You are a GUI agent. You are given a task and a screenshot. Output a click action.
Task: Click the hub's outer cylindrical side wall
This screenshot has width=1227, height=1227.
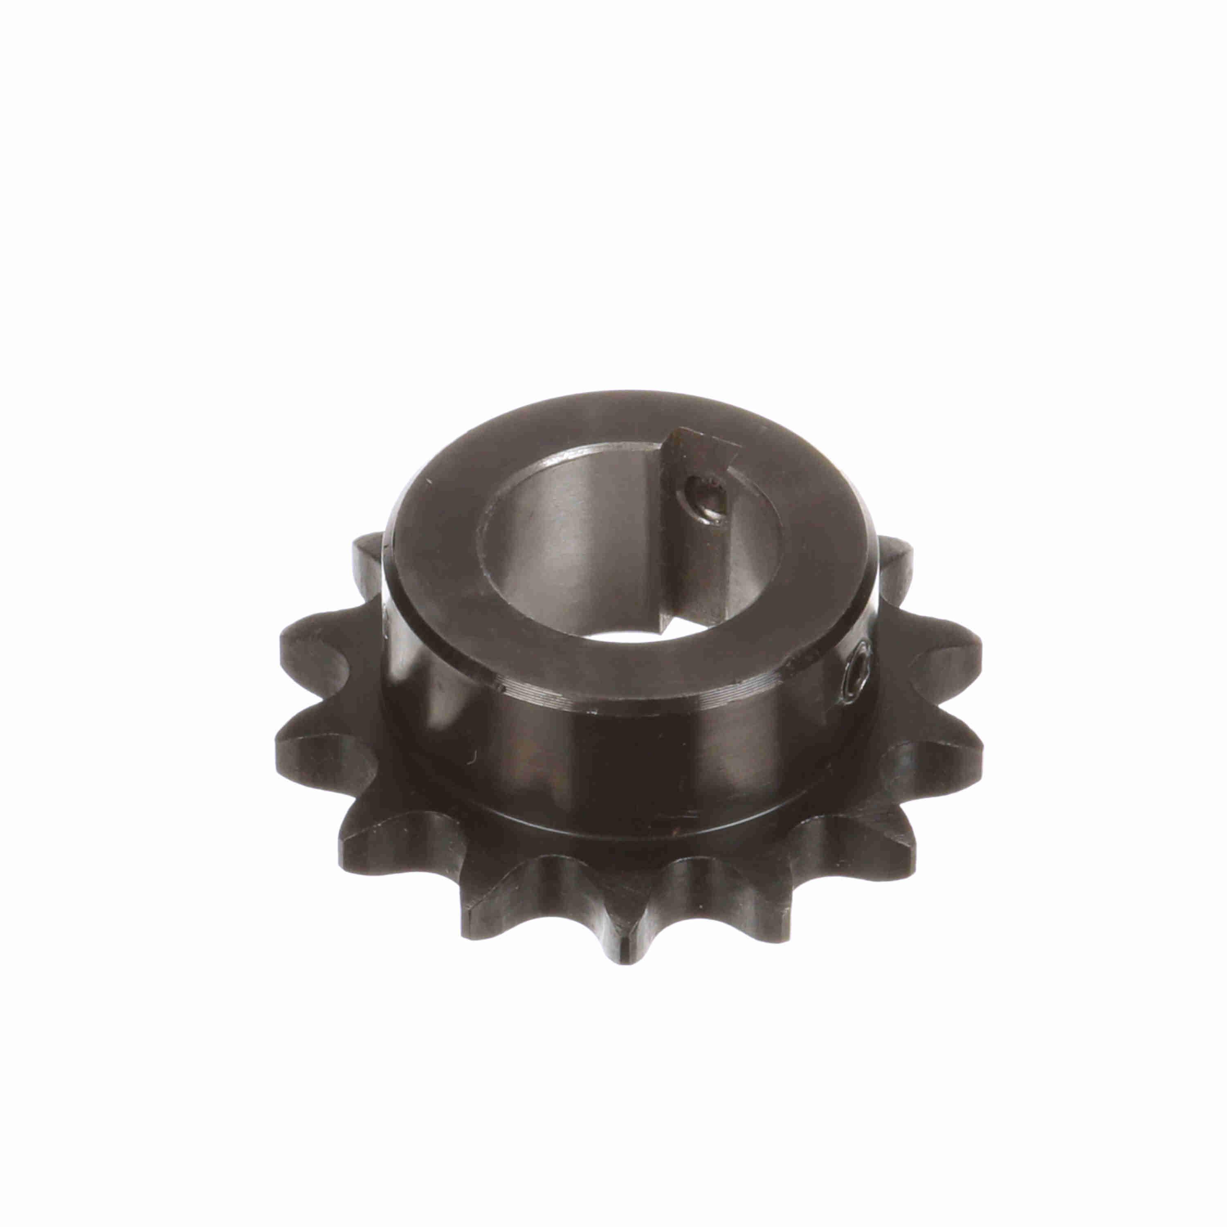coord(572,749)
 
